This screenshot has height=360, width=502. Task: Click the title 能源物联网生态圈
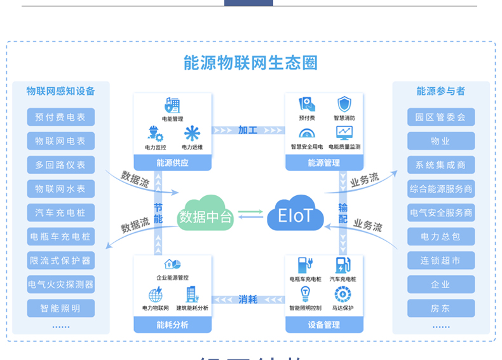[250, 63]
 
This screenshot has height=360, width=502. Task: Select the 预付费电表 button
[61, 117]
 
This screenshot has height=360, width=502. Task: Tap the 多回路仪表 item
[61, 165]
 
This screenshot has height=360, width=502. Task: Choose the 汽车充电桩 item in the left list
[61, 212]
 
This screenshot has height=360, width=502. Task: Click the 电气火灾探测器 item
[61, 284]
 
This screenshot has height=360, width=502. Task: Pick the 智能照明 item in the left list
[61, 308]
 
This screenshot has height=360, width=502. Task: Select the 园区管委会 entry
[440, 117]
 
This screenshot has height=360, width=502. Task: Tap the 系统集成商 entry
[440, 165]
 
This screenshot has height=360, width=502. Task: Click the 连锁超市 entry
[440, 261]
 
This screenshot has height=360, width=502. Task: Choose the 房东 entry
[440, 308]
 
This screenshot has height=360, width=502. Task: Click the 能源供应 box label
[172, 163]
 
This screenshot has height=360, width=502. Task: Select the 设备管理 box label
[323, 325]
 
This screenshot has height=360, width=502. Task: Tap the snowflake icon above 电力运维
[192, 133]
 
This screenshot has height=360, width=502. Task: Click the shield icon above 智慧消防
[344, 104]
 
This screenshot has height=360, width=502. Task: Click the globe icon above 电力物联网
[155, 295]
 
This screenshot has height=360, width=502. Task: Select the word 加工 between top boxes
[248, 130]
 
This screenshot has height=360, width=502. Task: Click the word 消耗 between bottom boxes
[248, 300]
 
